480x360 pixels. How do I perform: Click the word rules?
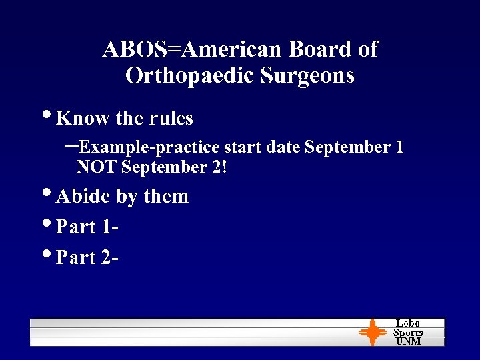click(171, 119)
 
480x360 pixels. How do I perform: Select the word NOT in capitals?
click(97, 167)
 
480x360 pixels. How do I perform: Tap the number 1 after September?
click(399, 147)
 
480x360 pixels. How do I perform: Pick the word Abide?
click(83, 197)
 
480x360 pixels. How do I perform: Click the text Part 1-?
click(87, 227)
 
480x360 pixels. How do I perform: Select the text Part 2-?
click(87, 258)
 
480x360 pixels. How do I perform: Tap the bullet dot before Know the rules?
click(51, 117)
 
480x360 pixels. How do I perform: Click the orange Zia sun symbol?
click(372, 332)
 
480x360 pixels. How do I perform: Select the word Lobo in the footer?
click(408, 323)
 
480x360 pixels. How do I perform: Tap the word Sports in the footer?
click(408, 332)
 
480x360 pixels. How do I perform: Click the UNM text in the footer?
click(408, 341)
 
